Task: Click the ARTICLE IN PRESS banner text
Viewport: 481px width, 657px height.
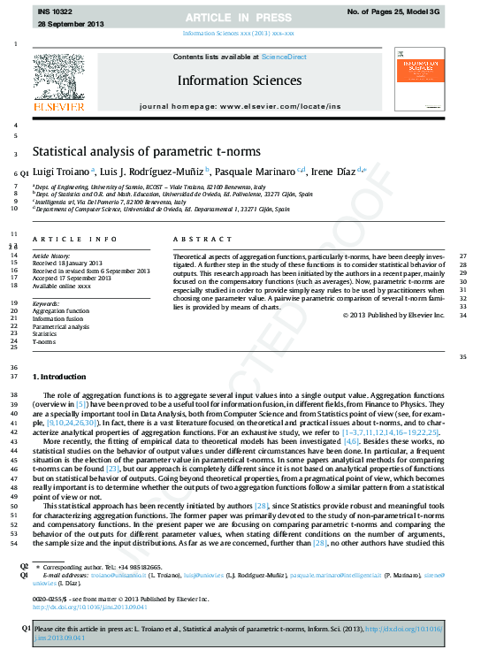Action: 240,18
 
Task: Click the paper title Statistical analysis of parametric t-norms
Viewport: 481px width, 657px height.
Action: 147,151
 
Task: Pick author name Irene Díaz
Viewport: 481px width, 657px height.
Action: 332,171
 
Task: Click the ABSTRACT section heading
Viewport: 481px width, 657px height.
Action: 191,240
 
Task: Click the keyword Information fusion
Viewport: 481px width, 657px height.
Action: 59,319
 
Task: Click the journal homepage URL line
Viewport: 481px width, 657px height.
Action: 240,105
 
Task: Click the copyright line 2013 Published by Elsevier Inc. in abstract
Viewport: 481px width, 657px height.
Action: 393,315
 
